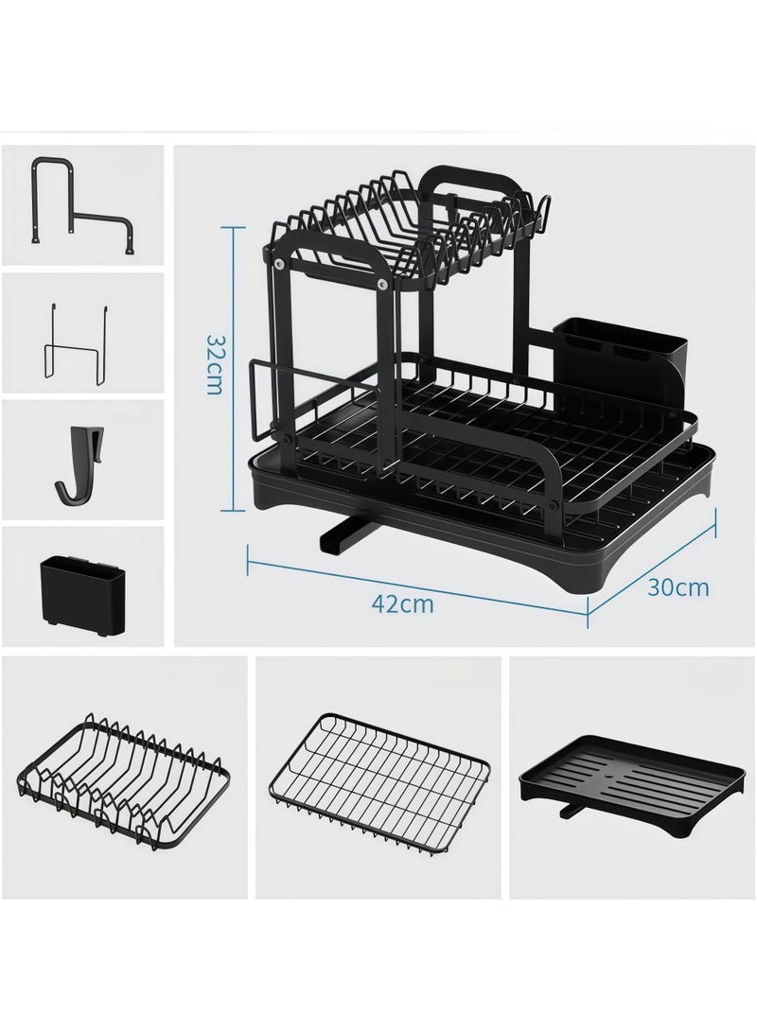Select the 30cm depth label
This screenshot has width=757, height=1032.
point(678,587)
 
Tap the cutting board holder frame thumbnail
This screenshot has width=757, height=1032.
point(80,204)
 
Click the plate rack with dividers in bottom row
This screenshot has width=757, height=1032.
point(119,776)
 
